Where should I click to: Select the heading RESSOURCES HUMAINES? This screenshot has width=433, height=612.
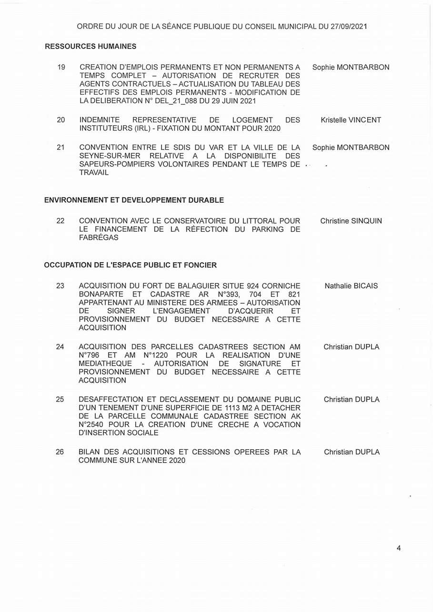pos(91,47)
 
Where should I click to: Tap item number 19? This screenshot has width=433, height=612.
pos(61,67)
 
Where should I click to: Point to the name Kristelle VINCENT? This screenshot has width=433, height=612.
pos(351,120)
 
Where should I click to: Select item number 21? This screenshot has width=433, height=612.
pos(60,148)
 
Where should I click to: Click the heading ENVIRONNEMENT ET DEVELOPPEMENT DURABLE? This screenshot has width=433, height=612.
pos(134,200)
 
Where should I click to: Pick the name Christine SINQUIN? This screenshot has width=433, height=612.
pos(351,221)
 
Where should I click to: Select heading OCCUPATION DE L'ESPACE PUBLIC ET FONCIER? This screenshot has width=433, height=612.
pos(130,265)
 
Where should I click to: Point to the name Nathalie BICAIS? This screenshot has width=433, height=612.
pos(351,286)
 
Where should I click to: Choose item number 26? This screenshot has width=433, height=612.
pos(60,452)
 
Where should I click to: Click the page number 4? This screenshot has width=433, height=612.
pos(398,548)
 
